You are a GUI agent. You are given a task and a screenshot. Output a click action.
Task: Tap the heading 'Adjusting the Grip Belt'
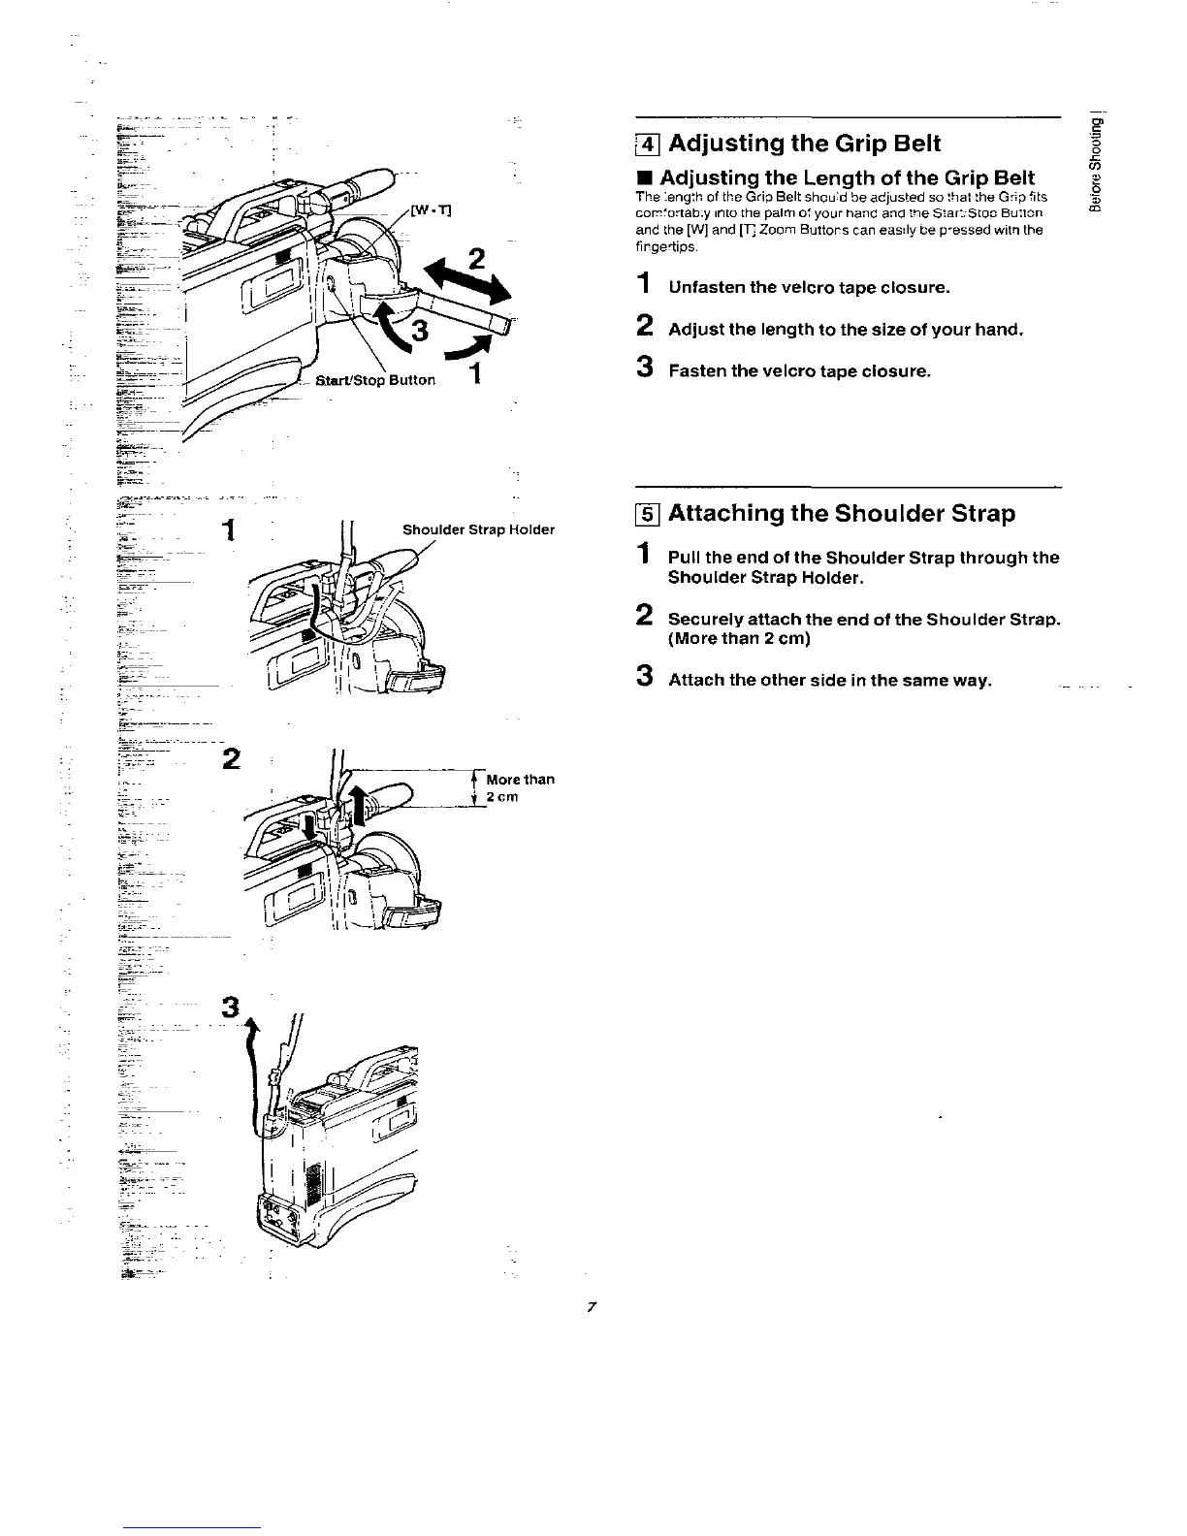(805, 144)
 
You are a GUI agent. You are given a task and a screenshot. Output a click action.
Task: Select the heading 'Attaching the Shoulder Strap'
(841, 513)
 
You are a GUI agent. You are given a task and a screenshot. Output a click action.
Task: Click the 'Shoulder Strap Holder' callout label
(478, 529)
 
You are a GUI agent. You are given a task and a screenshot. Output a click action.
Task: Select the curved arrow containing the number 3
(407, 328)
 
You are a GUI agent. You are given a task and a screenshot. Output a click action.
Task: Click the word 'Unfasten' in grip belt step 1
(706, 288)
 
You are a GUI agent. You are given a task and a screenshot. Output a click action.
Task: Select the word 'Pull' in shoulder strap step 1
(683, 558)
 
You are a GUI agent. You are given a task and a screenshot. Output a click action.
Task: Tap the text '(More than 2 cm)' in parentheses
(739, 638)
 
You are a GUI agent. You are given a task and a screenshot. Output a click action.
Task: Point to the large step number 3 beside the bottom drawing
(230, 1008)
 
